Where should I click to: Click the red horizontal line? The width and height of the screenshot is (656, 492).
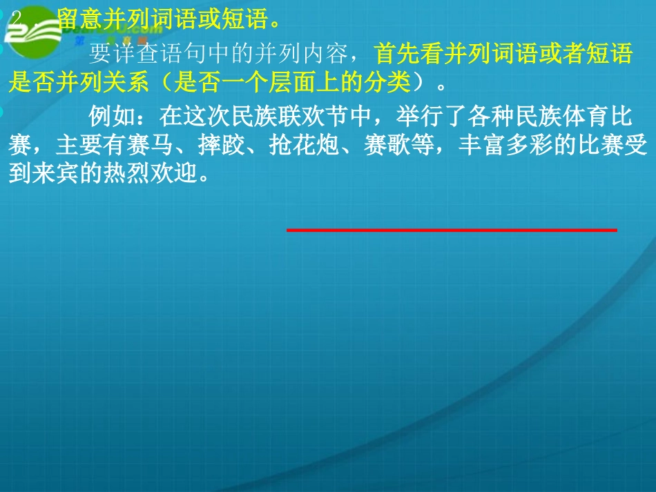click(452, 229)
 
